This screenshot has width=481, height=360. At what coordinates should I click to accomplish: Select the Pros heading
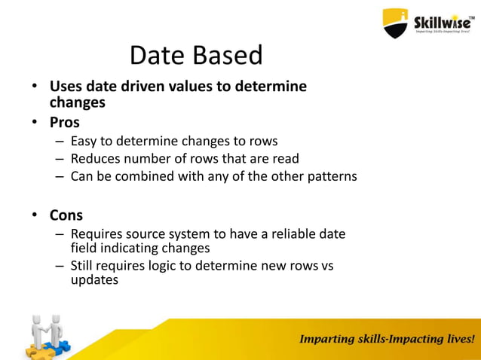(65, 122)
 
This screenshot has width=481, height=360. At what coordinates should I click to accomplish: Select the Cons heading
(66, 215)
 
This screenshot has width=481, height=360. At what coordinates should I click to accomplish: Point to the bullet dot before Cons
(35, 216)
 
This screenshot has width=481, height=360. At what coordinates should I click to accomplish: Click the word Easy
(84, 141)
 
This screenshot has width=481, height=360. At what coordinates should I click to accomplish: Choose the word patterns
(329, 177)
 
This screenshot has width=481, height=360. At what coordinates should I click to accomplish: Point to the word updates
(94, 279)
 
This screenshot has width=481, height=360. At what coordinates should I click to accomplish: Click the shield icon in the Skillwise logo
(395, 22)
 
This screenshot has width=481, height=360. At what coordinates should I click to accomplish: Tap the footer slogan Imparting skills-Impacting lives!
(388, 339)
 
